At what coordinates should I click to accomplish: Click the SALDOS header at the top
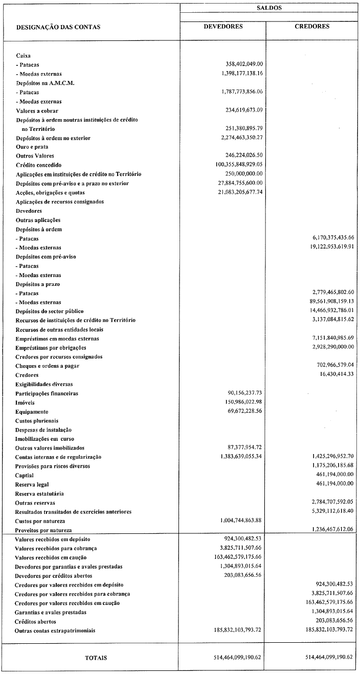coord(269,8)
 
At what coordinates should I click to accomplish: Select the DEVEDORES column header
coord(223,27)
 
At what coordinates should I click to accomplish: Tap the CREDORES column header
coord(312,27)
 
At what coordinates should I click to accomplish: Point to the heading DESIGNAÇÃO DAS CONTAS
coord(58,27)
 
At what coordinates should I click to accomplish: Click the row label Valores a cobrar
coord(37,110)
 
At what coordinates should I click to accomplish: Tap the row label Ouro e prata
coord(32,147)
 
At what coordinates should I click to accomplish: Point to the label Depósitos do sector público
coord(50,311)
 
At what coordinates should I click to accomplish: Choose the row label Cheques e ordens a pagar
coord(48,366)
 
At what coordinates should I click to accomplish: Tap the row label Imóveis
coord(26,402)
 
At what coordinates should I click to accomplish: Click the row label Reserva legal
coord(32,484)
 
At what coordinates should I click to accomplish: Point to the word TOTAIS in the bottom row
coord(96,658)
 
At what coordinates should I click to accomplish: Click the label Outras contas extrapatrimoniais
coord(55,630)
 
